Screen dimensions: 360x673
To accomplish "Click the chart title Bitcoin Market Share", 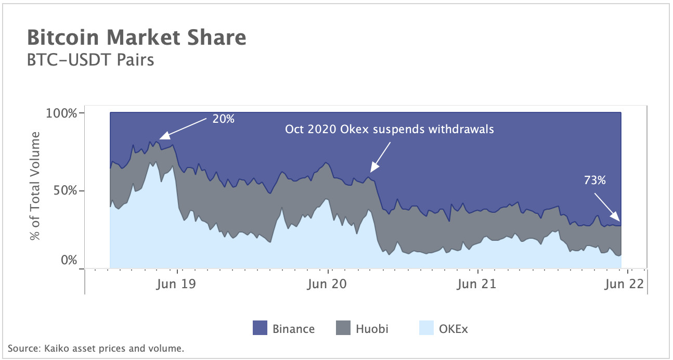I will [136, 38].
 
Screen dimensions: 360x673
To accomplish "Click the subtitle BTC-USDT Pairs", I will [90, 60].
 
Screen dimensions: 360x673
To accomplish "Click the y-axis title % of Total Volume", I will [35, 186].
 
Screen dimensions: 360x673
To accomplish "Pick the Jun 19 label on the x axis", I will [177, 285].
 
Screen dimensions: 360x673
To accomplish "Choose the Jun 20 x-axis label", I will [327, 285].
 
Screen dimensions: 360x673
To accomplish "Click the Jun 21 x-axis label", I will [476, 285].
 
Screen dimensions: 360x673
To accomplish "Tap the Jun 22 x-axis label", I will [625, 285].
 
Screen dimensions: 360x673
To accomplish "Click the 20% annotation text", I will [224, 119].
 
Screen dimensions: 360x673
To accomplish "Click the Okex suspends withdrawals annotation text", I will [389, 129].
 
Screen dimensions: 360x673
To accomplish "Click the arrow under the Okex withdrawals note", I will [380, 157].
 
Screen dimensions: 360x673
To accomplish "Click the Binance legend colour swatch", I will [260, 329].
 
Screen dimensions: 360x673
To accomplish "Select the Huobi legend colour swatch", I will [343, 329].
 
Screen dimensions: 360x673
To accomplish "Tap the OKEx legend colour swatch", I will [426, 329].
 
